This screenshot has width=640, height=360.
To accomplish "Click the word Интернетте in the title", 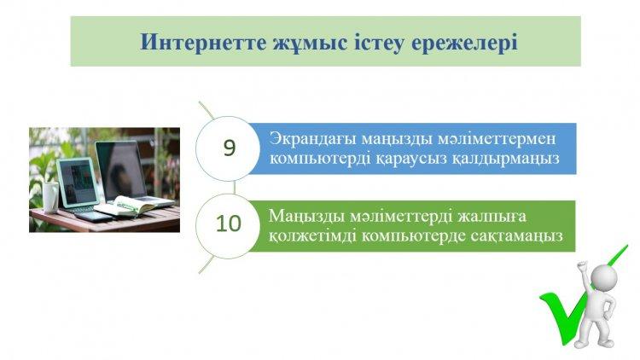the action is [x=203, y=42].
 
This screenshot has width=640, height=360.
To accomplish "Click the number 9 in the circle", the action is [x=230, y=148].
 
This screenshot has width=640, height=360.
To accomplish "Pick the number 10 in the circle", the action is [x=229, y=224].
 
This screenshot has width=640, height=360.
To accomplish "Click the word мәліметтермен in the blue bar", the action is [x=497, y=139].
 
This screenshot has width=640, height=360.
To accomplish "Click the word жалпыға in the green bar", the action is [x=492, y=217].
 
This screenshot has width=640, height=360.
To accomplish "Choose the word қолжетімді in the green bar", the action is [x=312, y=236].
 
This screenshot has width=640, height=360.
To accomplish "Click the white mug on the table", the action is [x=50, y=197].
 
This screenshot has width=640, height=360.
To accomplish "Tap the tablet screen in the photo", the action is [x=78, y=182].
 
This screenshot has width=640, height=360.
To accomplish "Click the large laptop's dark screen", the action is [x=121, y=171].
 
